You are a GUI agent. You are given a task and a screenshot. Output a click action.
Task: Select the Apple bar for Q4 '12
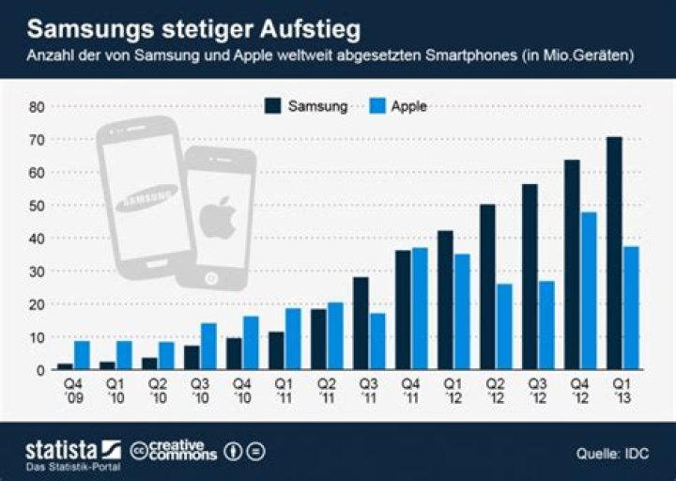(589, 290)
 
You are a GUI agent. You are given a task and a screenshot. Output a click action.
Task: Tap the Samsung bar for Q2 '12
(487, 287)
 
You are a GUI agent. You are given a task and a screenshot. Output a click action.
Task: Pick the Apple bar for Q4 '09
(82, 354)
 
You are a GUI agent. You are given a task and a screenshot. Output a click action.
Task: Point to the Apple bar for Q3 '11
(377, 341)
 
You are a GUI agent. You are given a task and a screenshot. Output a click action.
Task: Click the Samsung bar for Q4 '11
(402, 309)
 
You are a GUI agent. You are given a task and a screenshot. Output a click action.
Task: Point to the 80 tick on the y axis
(37, 107)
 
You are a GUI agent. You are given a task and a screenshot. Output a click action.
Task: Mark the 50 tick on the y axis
(37, 206)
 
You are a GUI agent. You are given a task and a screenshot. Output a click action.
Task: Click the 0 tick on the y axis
(40, 369)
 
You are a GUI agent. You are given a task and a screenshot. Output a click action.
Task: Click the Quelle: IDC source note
(611, 454)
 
